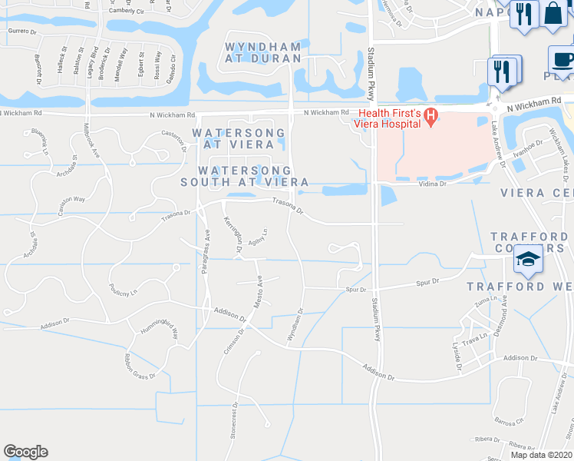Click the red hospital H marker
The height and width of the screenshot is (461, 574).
tap(431, 118)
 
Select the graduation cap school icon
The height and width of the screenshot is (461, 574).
tap(528, 258)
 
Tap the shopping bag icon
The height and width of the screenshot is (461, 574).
tap(553, 13)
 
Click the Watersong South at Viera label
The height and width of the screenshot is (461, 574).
tap(245, 176)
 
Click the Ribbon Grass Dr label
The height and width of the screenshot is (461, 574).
tap(141, 365)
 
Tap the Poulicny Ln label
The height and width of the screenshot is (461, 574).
tap(123, 292)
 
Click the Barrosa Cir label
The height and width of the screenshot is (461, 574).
tap(509, 421)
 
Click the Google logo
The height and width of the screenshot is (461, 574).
tap(25, 452)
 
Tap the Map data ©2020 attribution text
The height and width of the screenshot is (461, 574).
tap(541, 455)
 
